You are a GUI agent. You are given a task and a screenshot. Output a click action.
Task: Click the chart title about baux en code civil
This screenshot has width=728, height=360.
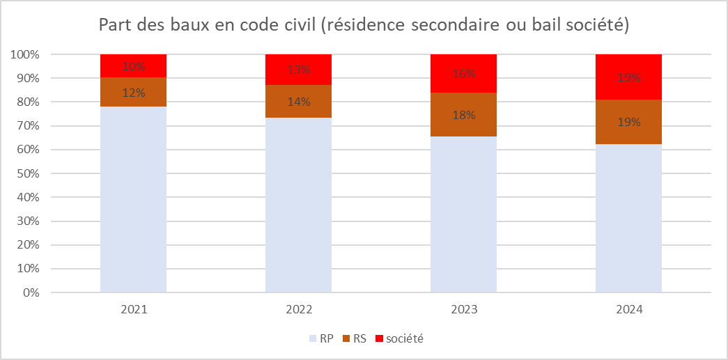tap(364, 25)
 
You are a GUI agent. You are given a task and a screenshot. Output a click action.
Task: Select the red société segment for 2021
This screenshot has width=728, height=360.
tap(133, 59)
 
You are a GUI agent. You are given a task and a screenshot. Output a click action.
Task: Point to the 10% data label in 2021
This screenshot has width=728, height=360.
tap(134, 67)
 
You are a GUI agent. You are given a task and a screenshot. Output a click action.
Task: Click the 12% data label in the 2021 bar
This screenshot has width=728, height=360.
tap(134, 92)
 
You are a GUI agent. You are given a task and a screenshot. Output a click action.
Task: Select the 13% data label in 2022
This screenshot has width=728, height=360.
tap(298, 70)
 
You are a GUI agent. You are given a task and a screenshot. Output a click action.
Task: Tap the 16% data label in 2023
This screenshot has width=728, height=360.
tap(463, 74)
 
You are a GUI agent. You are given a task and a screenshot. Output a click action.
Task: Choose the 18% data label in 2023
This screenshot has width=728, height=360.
tap(463, 115)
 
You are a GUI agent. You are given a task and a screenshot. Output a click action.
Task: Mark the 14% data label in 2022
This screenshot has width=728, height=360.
tap(298, 102)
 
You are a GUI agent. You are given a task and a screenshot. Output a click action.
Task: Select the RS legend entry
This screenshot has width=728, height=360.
tap(355, 339)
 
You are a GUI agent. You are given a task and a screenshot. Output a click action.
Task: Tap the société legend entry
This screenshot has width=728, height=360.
tap(398, 339)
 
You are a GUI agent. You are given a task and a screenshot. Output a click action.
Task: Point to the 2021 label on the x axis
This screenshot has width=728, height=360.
tap(133, 308)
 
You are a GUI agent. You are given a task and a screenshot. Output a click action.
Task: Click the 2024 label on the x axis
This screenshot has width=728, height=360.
tap(628, 308)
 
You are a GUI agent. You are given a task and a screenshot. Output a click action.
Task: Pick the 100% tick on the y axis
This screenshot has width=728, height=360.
tap(24, 54)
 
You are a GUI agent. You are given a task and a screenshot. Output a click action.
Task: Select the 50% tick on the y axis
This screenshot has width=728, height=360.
tap(26, 173)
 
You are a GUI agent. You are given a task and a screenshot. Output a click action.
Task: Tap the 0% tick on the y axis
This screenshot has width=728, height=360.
tap(29, 292)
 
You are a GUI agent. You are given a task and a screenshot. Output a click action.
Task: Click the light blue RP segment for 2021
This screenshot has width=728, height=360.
tap(133, 202)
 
